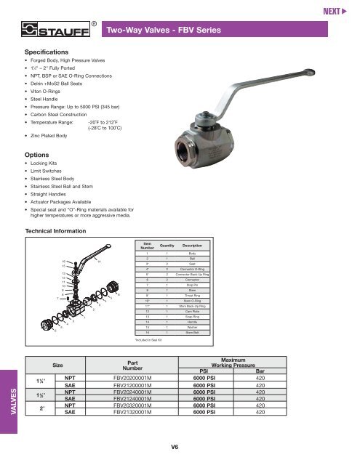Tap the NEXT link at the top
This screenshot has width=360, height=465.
(338, 12)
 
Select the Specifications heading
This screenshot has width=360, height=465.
(48, 53)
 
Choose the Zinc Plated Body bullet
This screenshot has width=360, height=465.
(52, 136)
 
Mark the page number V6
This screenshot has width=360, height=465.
(175, 448)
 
